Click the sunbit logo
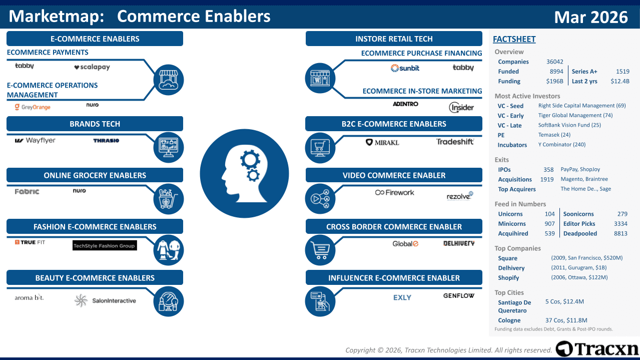(x=405, y=68)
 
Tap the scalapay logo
(x=92, y=67)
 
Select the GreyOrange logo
(x=33, y=107)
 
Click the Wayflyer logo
(x=35, y=140)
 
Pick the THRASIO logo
(x=106, y=140)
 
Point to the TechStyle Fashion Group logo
(x=105, y=245)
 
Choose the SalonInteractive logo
(x=105, y=300)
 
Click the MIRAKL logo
(x=382, y=142)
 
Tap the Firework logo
(x=395, y=192)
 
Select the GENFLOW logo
(x=458, y=296)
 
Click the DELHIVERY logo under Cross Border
(x=459, y=243)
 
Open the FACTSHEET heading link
(x=514, y=39)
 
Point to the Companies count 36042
(x=554, y=62)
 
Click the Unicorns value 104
(x=549, y=214)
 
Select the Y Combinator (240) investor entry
(x=562, y=144)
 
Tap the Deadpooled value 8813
(x=620, y=233)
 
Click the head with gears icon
(x=245, y=174)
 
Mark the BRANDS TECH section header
(x=95, y=124)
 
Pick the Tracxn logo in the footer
(x=597, y=349)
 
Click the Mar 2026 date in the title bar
(x=591, y=17)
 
